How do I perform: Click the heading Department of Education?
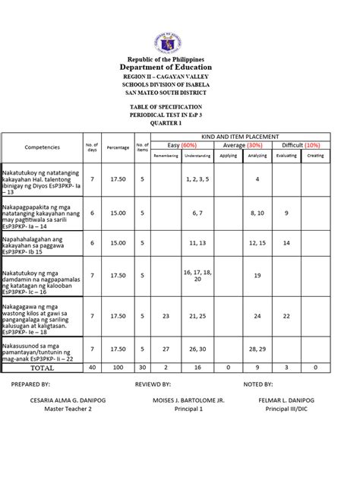coord(179,66)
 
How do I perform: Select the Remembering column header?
coord(166,155)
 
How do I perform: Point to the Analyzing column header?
coord(257,155)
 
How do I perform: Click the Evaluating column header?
coord(286,155)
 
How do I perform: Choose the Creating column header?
coord(315,155)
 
